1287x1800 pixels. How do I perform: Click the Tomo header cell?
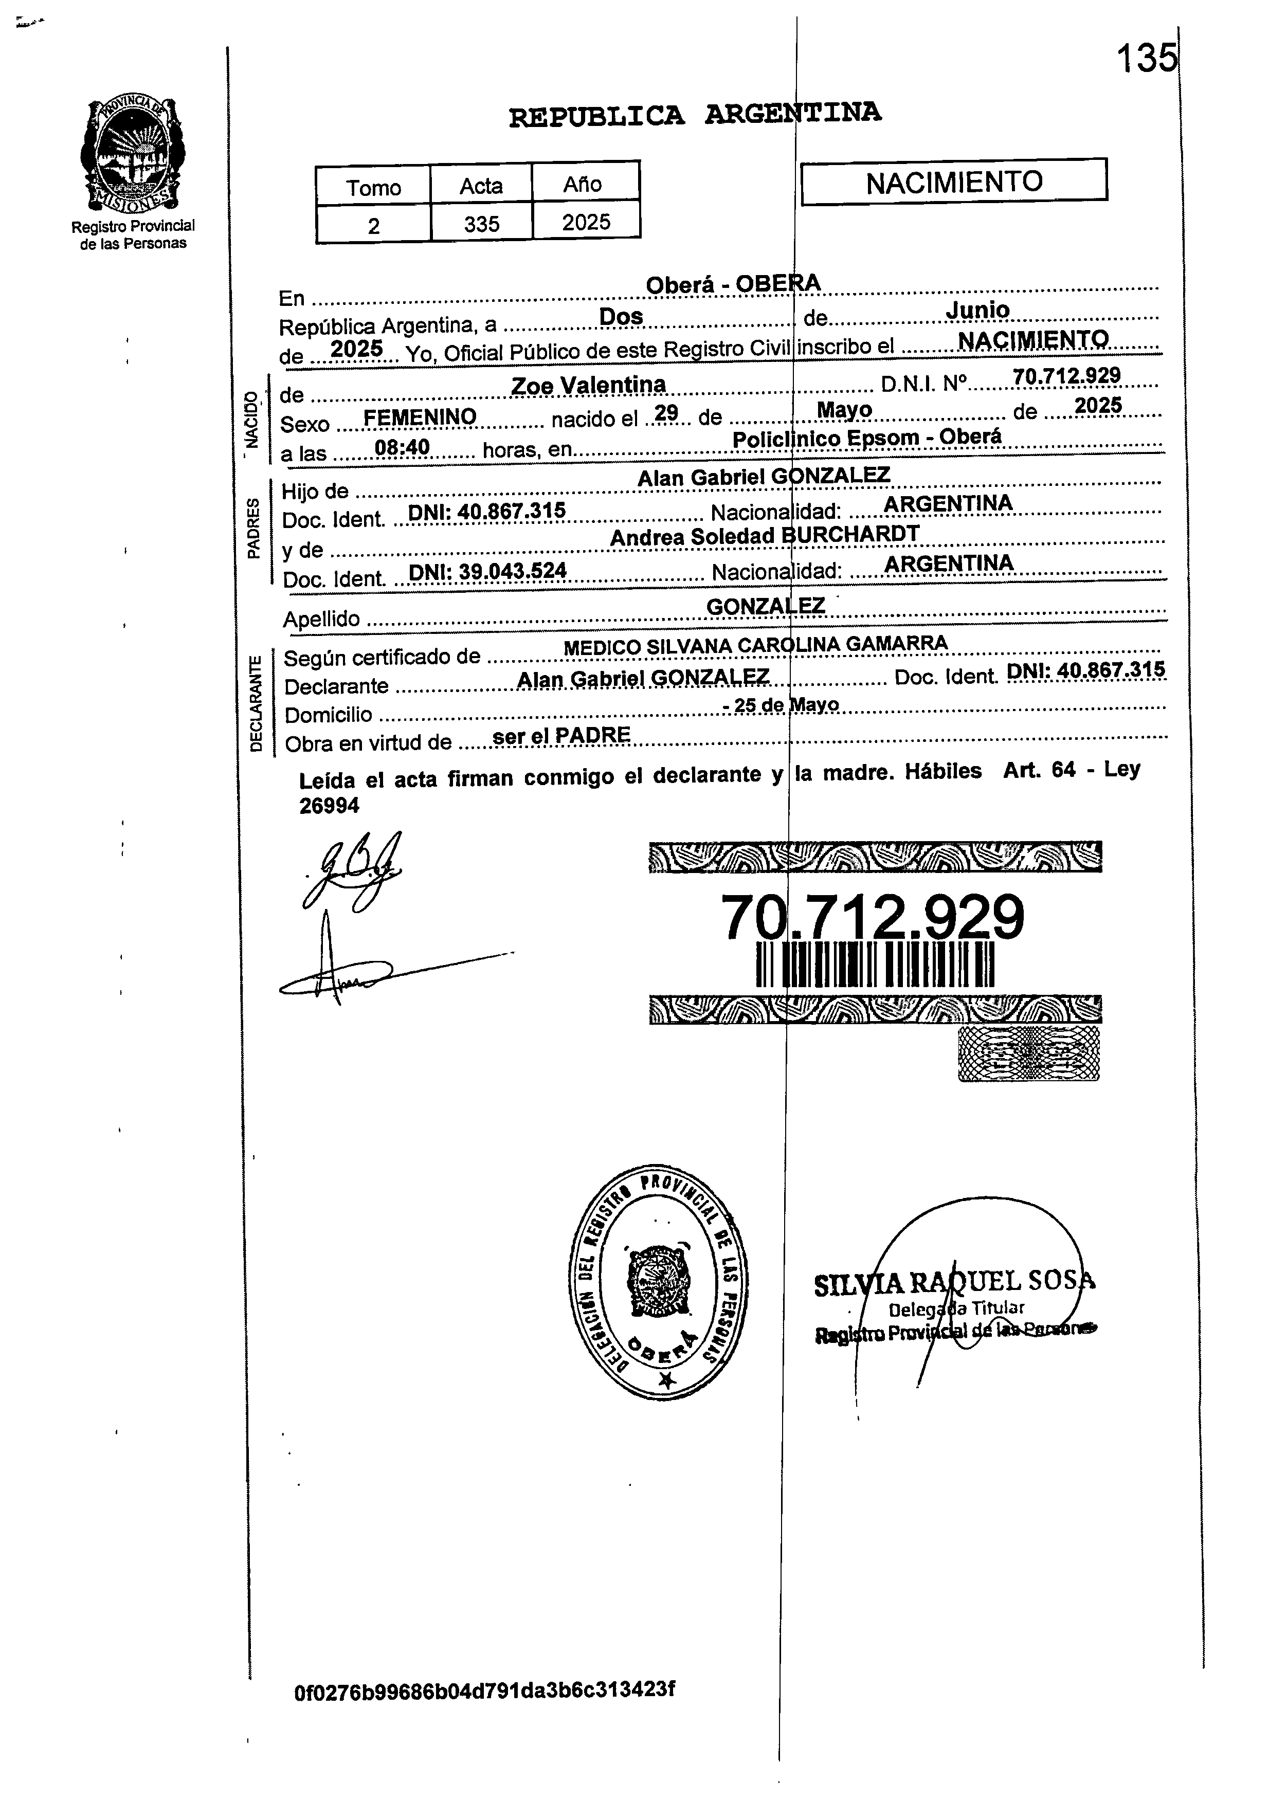click(x=373, y=188)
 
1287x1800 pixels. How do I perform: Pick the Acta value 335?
click(x=481, y=224)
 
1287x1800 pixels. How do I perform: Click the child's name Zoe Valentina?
click(x=588, y=386)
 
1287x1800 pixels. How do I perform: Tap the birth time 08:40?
click(x=402, y=448)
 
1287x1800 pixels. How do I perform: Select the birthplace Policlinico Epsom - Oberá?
click(x=866, y=438)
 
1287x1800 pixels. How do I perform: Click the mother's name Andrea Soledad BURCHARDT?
click(x=764, y=536)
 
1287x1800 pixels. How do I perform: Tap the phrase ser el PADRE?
click(x=561, y=736)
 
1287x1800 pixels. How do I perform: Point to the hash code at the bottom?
click(x=484, y=1690)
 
